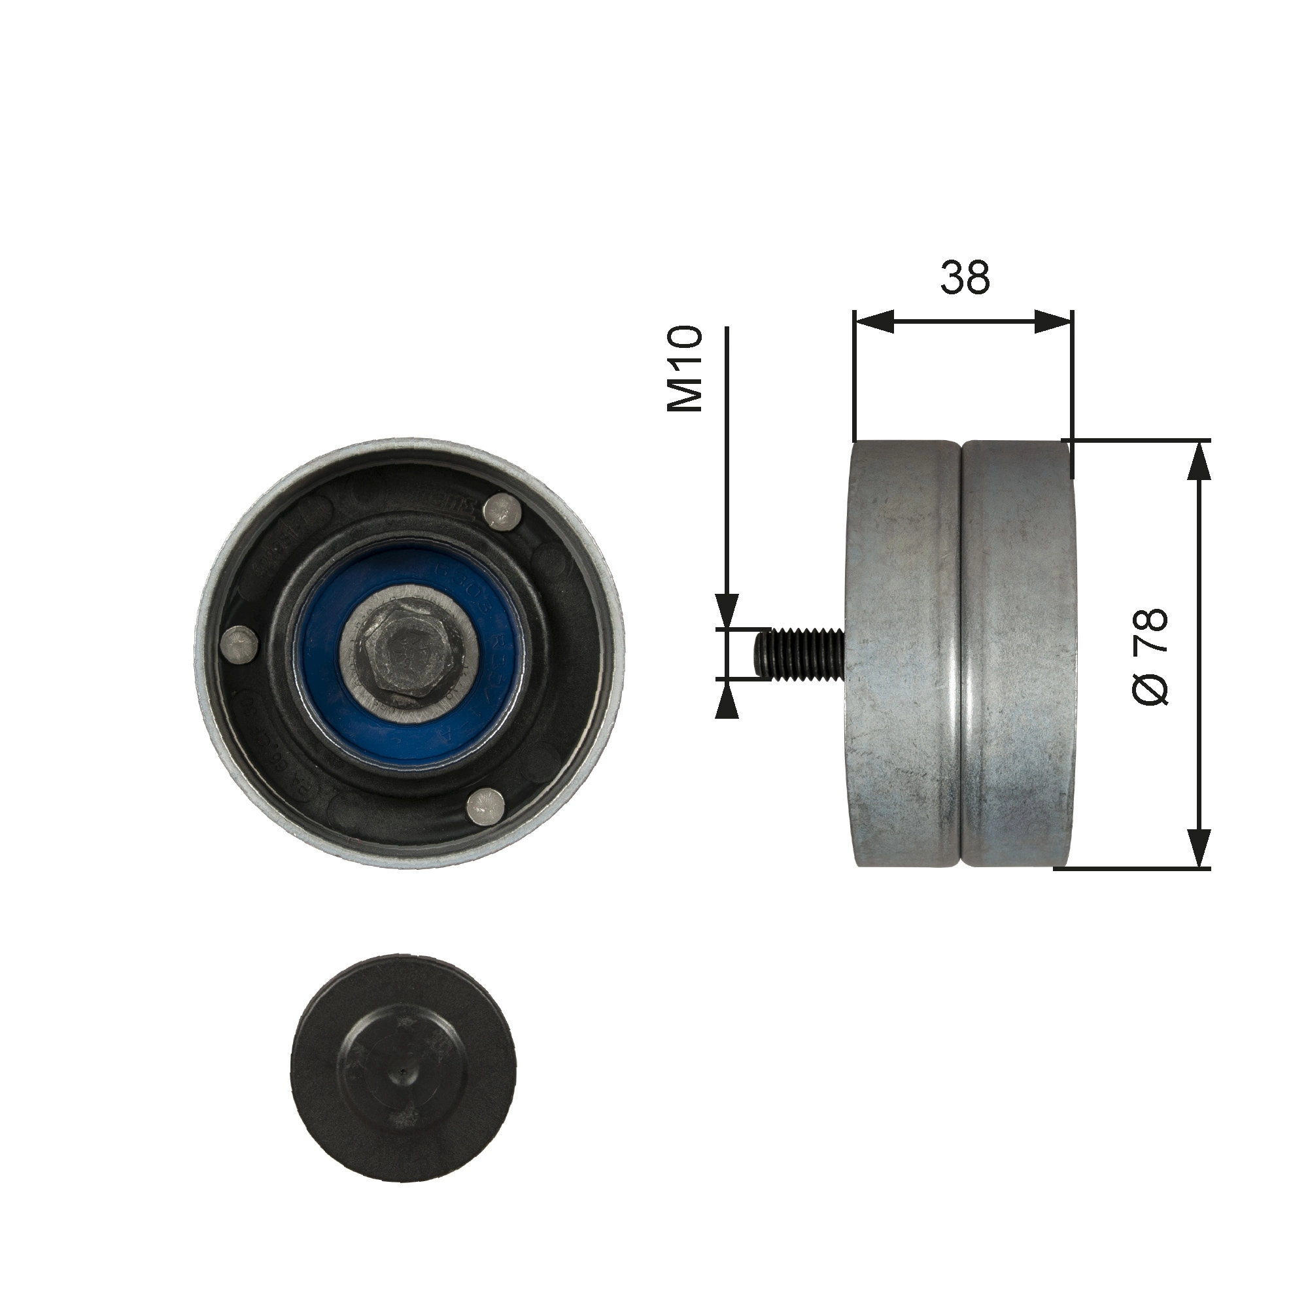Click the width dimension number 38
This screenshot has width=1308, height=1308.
coord(965,277)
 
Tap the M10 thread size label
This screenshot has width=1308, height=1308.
coord(685,368)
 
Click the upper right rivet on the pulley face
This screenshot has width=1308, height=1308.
coord(504,511)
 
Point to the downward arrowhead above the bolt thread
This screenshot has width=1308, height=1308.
coord(727,608)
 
